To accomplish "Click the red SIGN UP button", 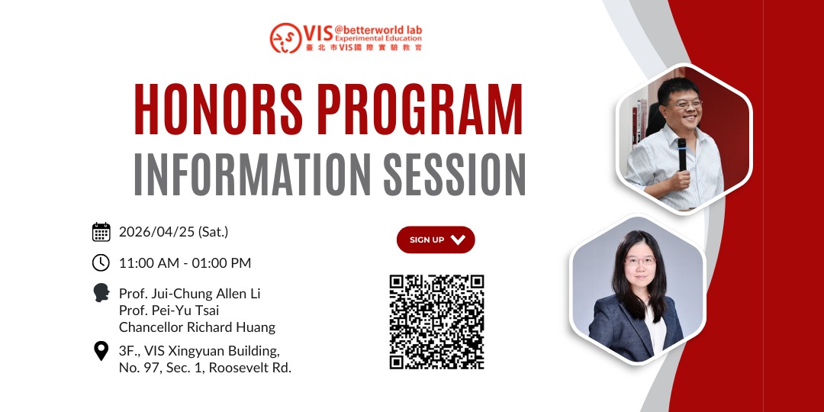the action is pos(436,240).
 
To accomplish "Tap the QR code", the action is pos(436,322).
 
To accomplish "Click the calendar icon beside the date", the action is pos(101,232).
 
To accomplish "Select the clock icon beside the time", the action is pos(101,262).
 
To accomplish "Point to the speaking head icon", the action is pos(101,293).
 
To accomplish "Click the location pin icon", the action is pos(101,350).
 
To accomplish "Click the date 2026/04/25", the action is pos(156,232).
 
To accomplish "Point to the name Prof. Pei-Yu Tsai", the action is pos(169,311).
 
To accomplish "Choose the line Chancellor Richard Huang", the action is pos(197,327).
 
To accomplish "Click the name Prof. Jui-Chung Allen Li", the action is pos(190,294).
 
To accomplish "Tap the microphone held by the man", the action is pos(681,154).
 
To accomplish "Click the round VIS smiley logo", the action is pos(285,38).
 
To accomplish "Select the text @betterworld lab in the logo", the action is pos(378,30).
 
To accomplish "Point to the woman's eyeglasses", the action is pos(639,261).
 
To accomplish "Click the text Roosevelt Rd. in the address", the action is pos(250,368).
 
